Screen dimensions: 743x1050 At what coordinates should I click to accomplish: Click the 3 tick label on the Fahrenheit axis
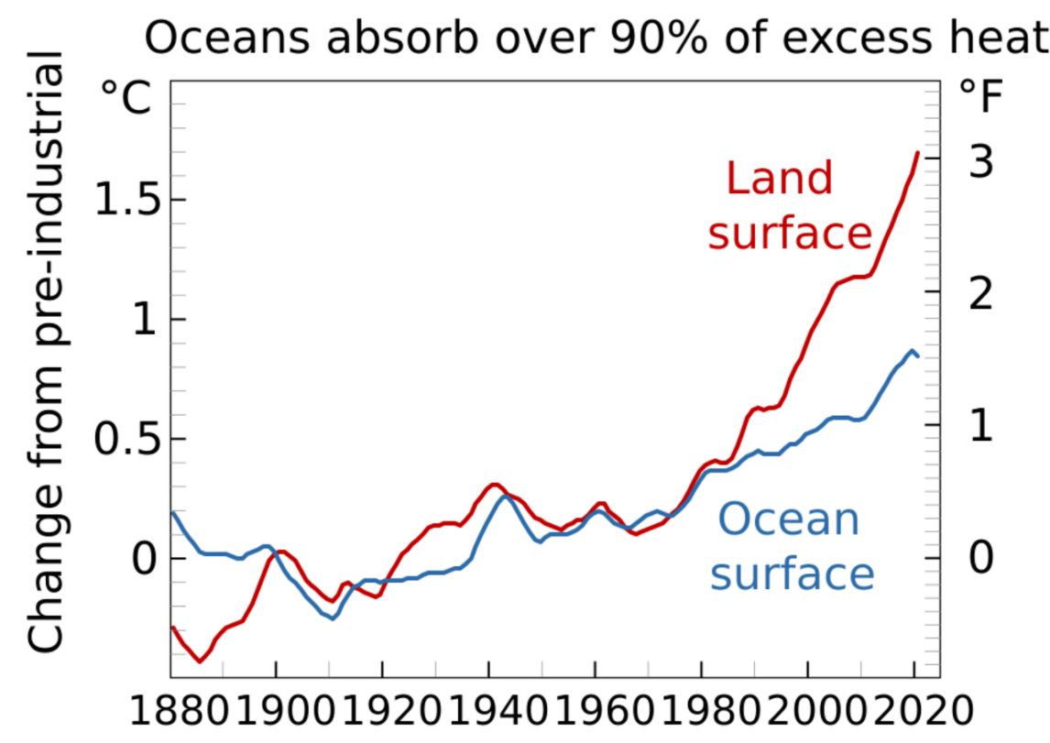tap(981, 161)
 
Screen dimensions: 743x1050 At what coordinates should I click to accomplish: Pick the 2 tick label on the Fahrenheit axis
tap(981, 294)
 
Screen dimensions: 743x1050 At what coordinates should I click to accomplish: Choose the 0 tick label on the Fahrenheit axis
tap(981, 557)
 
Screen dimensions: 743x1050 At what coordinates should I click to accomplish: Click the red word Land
tap(780, 178)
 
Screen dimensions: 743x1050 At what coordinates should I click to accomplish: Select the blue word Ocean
tap(789, 519)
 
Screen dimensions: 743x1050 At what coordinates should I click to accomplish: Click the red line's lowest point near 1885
tap(200, 661)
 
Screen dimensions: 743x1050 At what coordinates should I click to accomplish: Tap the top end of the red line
tap(917, 153)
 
